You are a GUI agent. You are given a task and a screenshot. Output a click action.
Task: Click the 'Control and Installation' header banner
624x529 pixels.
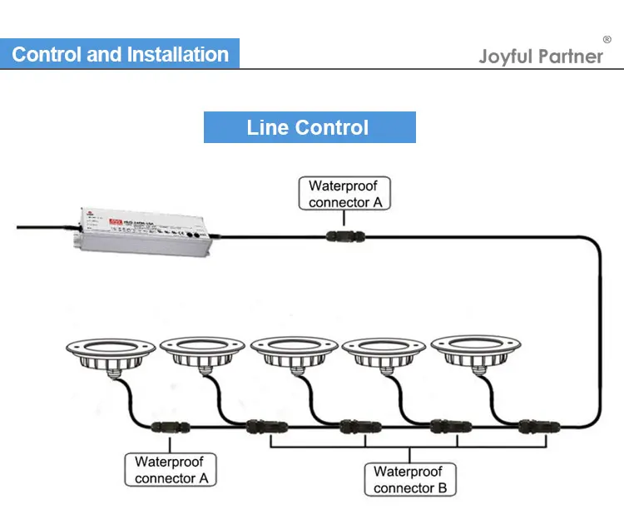tap(120, 55)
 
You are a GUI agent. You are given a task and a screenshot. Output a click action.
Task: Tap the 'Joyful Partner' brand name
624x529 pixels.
tap(540, 57)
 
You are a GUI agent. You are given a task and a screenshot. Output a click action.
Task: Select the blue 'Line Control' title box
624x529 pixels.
tap(309, 127)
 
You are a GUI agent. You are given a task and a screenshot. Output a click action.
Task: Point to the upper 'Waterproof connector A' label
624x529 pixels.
tap(344, 194)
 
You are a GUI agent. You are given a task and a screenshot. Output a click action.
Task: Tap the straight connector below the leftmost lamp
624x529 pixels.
tap(171, 428)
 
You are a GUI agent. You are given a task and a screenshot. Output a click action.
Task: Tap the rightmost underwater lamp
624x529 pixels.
tap(472, 353)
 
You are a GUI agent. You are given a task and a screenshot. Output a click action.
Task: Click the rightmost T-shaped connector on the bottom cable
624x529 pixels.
tap(529, 427)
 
